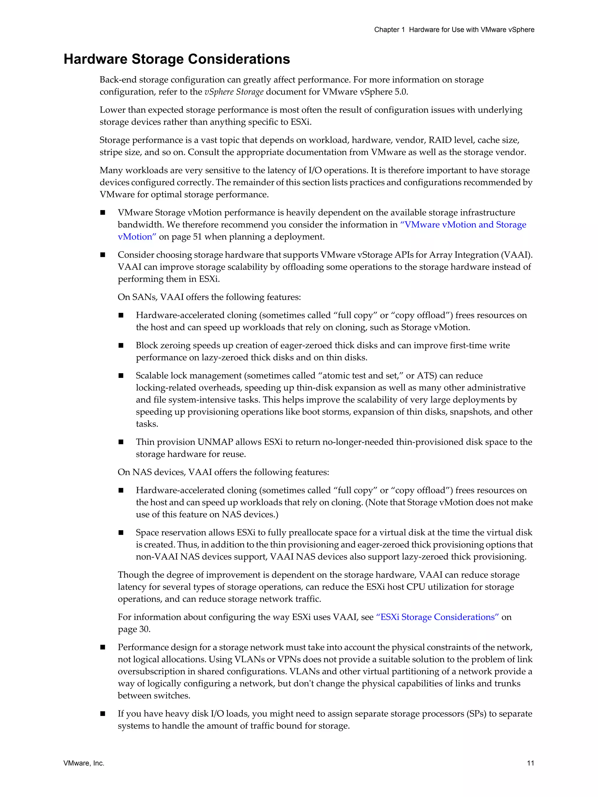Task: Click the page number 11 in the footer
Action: (530, 763)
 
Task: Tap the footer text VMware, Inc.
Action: (84, 763)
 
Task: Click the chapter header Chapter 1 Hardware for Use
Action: (454, 29)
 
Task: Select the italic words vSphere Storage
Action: (234, 92)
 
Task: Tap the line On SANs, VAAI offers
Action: (209, 297)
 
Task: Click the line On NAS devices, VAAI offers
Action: (223, 472)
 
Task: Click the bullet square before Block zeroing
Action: (121, 346)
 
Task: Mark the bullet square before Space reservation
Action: (121, 533)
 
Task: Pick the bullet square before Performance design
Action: (103, 647)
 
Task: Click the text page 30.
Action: (134, 629)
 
